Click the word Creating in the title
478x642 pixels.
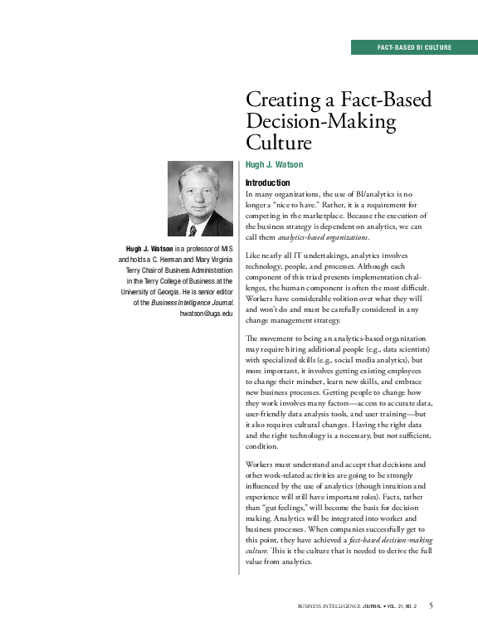(282, 101)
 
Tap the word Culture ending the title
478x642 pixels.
(278, 143)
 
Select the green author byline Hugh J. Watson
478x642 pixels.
(274, 165)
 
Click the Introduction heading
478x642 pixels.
(268, 182)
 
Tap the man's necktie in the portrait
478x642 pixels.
(193, 229)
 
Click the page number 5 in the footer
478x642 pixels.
(431, 605)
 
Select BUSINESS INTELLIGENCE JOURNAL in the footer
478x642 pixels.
(343, 606)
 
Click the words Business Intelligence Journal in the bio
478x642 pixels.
(191, 302)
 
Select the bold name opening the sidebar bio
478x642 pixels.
(149, 249)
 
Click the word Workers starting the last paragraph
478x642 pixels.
(263, 464)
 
